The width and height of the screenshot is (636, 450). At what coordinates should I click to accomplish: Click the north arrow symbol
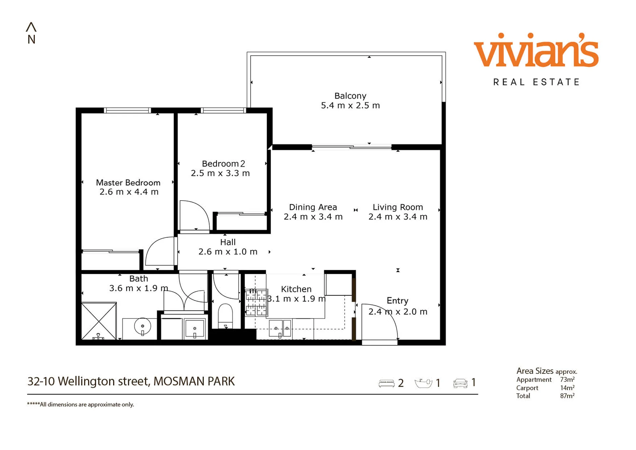[31, 27]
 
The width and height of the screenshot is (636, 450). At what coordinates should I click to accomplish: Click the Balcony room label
[350, 96]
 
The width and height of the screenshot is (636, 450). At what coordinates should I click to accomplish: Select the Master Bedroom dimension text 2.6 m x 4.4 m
[129, 192]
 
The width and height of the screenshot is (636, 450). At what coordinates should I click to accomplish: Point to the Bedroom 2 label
[223, 163]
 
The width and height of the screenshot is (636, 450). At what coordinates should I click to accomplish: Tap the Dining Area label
[313, 207]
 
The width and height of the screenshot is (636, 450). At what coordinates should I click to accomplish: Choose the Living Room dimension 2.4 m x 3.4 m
[398, 217]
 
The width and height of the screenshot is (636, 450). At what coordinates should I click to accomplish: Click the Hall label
[228, 242]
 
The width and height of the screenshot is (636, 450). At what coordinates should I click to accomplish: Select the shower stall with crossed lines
[99, 321]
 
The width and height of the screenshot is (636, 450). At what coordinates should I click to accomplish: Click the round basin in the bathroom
[143, 327]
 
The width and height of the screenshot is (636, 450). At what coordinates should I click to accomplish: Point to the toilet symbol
[225, 316]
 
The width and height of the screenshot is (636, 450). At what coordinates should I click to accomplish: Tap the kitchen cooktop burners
[256, 302]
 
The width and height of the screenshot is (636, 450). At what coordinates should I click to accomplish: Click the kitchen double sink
[280, 328]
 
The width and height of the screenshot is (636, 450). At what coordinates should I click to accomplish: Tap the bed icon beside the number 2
[386, 383]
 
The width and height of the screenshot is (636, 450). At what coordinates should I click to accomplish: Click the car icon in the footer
[460, 383]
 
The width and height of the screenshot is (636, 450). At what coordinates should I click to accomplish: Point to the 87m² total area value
[567, 396]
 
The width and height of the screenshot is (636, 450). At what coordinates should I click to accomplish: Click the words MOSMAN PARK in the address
[194, 381]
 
